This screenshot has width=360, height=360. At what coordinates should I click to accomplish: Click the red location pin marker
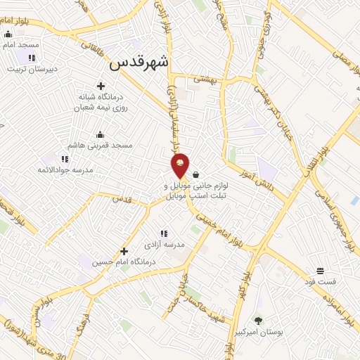tap(180, 164)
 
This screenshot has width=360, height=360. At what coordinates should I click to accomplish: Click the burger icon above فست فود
tap(320, 271)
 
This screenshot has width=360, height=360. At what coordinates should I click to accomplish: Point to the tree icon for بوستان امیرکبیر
tap(258, 321)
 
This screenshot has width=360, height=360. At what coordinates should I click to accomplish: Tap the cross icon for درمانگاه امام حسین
tap(124, 251)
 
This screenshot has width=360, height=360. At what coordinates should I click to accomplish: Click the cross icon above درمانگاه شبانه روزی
tap(101, 86)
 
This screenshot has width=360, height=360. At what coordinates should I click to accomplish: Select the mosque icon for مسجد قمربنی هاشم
tap(100, 134)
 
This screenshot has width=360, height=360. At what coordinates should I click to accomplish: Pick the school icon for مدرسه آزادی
tap(163, 233)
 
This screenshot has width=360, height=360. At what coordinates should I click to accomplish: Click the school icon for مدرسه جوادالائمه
tap(65, 159)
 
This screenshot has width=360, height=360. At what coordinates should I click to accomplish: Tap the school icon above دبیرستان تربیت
tap(32, 58)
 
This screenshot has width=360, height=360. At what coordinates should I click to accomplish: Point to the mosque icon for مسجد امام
tap(8, 34)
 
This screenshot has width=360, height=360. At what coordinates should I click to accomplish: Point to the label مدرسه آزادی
tap(164, 244)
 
